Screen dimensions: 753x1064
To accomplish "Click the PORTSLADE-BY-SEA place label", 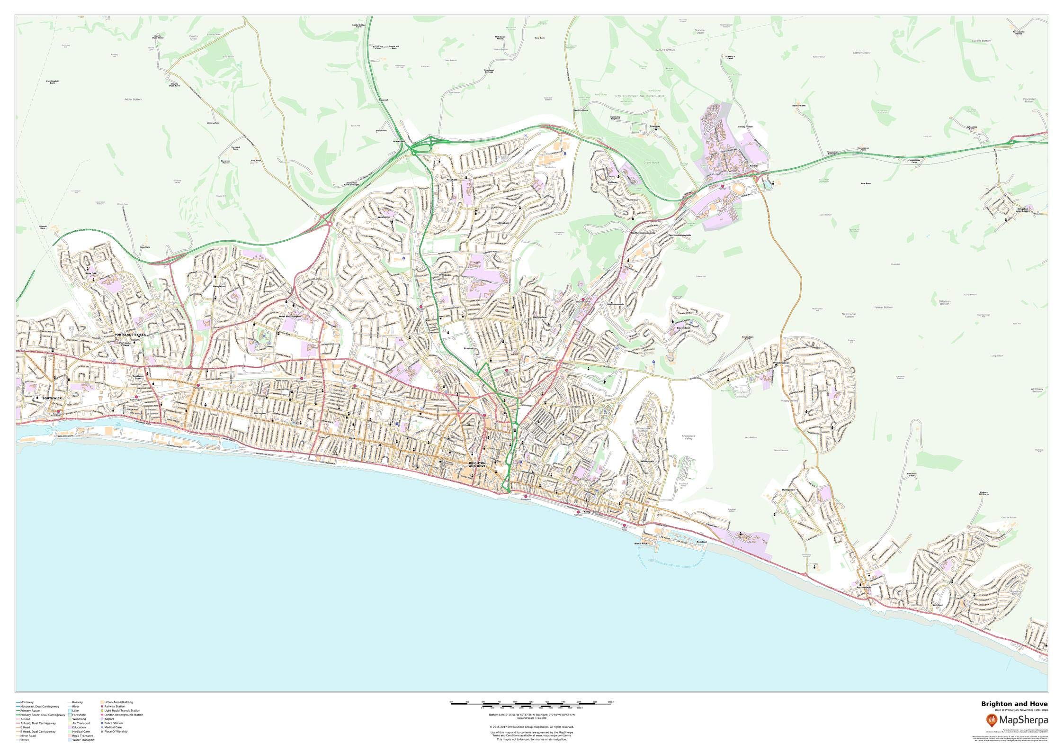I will click(130, 335).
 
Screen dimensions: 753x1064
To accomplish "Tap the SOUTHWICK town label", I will click(52, 398).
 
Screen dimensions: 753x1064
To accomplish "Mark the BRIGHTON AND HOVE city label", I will click(477, 464).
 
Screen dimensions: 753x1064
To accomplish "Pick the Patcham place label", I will click(451, 180).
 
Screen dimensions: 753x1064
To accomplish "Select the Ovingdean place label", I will click(788, 490).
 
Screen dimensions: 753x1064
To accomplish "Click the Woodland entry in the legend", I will click(79, 719).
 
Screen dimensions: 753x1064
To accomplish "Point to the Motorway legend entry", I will click(27, 702).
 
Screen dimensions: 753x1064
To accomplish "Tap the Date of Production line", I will click(1021, 723).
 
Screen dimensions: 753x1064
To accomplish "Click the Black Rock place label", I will click(641, 544).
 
